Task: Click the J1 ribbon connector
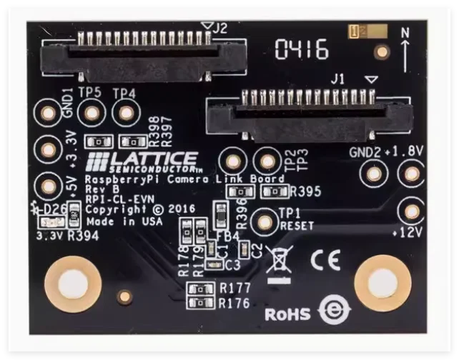[x=310, y=114]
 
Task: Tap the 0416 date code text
[x=302, y=50]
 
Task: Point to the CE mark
[x=325, y=261]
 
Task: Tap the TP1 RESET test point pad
[x=266, y=221]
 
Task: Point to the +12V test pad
[x=411, y=211]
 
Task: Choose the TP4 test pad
[x=126, y=113]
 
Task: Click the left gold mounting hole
[x=72, y=284]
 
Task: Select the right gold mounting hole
[x=382, y=284]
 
